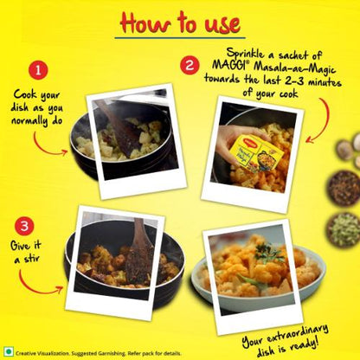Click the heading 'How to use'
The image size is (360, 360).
tap(179, 22)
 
